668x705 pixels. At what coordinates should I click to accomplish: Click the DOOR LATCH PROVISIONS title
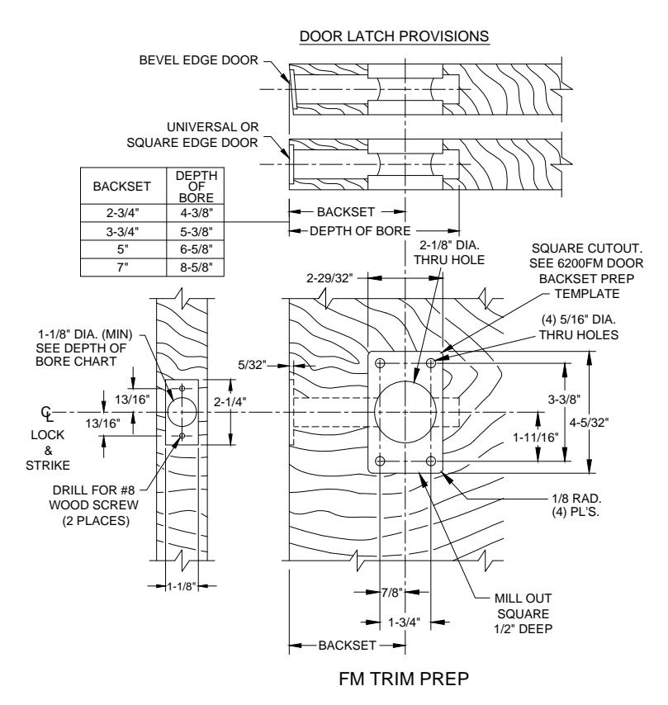click(x=394, y=36)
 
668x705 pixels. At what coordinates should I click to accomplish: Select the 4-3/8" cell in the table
click(x=196, y=213)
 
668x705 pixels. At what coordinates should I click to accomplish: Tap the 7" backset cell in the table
click(x=123, y=267)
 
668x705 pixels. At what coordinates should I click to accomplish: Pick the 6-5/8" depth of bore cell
click(x=196, y=249)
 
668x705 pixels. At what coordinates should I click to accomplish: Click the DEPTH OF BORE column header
click(x=196, y=186)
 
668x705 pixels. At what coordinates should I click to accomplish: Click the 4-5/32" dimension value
click(x=589, y=422)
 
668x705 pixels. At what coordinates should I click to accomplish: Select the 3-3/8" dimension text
click(x=564, y=399)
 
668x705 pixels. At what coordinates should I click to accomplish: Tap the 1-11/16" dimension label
click(x=536, y=437)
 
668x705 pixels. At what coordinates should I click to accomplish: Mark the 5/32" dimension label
click(x=252, y=365)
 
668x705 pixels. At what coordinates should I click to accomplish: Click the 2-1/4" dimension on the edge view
click(x=230, y=401)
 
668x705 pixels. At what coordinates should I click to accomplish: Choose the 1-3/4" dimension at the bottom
click(x=404, y=622)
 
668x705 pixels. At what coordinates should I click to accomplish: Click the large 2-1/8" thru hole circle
click(x=374, y=412)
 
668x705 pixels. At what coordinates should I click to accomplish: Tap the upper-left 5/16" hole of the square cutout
click(x=380, y=363)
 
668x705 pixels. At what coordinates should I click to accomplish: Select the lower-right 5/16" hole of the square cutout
click(x=431, y=461)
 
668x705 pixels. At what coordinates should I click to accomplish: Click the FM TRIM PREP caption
click(x=404, y=679)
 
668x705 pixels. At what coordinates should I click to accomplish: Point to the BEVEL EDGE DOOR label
click(x=198, y=60)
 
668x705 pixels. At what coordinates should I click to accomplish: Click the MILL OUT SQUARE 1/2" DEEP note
click(x=524, y=613)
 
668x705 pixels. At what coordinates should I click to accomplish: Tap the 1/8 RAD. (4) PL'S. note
click(x=576, y=505)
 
